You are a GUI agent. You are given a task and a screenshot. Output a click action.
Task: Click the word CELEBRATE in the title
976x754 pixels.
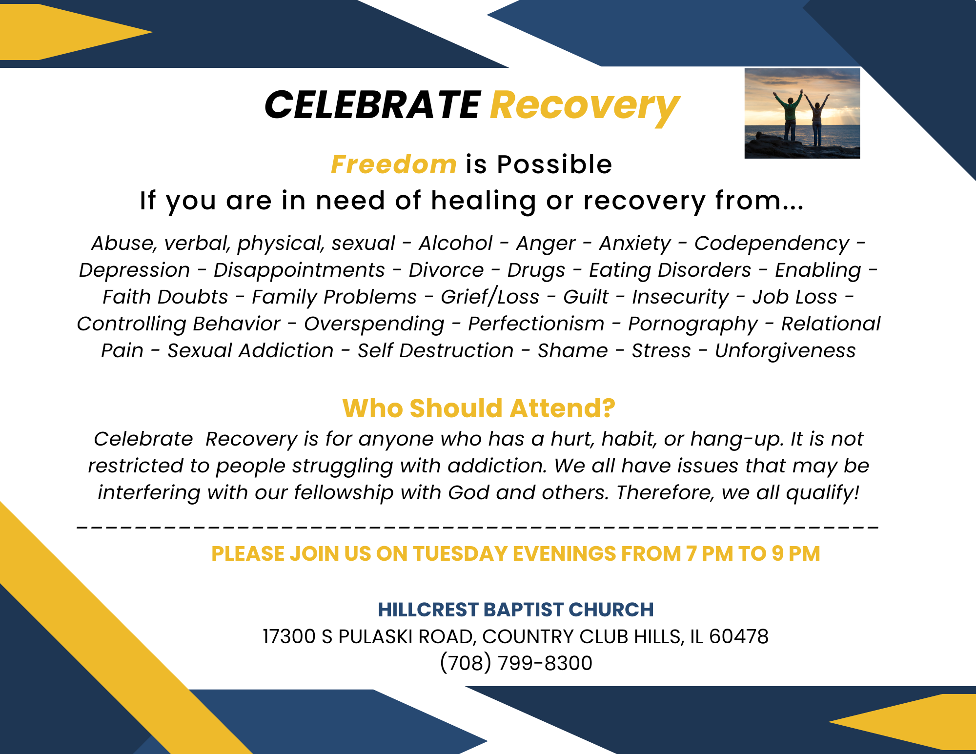[373, 105]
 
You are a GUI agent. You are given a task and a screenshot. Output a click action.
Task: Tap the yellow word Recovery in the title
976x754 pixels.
[585, 107]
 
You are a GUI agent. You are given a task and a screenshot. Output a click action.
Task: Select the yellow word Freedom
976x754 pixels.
[394, 164]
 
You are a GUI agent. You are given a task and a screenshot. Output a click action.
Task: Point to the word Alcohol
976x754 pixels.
[456, 243]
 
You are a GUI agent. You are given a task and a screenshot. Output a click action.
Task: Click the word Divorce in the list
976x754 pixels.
[446, 270]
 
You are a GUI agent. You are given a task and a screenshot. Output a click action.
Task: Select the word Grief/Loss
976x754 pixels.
[490, 297]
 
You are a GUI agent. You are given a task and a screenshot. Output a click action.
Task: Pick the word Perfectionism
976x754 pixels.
[536, 324]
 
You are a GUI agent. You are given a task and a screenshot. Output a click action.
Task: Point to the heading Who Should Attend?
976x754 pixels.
[479, 408]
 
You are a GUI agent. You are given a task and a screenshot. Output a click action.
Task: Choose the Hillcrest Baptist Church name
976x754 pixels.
[516, 610]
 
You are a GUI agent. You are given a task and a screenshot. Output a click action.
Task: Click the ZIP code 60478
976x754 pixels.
[739, 636]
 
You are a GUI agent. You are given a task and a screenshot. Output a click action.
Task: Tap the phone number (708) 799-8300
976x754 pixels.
[516, 663]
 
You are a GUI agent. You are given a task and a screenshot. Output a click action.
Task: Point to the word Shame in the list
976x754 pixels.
[573, 350]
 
